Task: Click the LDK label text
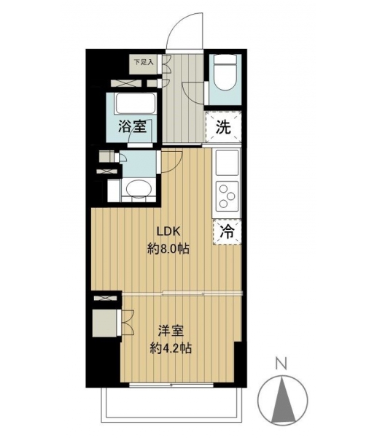pyautogui.click(x=169, y=231)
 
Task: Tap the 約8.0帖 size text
pyautogui.click(x=168, y=248)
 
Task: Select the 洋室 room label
pyautogui.click(x=171, y=331)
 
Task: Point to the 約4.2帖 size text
pyautogui.click(x=171, y=348)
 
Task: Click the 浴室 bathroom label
pyautogui.click(x=132, y=126)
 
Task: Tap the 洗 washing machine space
pyautogui.click(x=224, y=127)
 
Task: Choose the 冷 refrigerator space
pyautogui.click(x=228, y=232)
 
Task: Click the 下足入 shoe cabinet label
pyautogui.click(x=144, y=62)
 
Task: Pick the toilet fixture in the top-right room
pyautogui.click(x=225, y=72)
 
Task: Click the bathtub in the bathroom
pyautogui.click(x=136, y=103)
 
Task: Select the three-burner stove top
pyautogui.click(x=227, y=196)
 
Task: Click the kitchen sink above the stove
pyautogui.click(x=227, y=163)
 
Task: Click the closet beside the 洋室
pyautogui.click(x=105, y=323)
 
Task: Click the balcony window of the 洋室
pyautogui.click(x=171, y=385)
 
